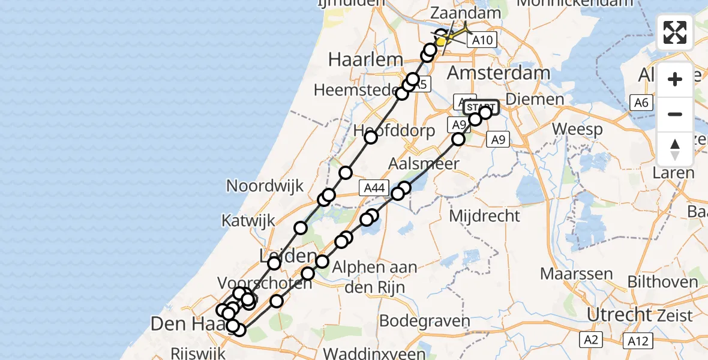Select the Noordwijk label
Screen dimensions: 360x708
point(265,185)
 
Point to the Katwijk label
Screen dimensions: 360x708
point(248,220)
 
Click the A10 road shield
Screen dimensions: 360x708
point(482,40)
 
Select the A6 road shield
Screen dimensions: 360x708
point(641,103)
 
